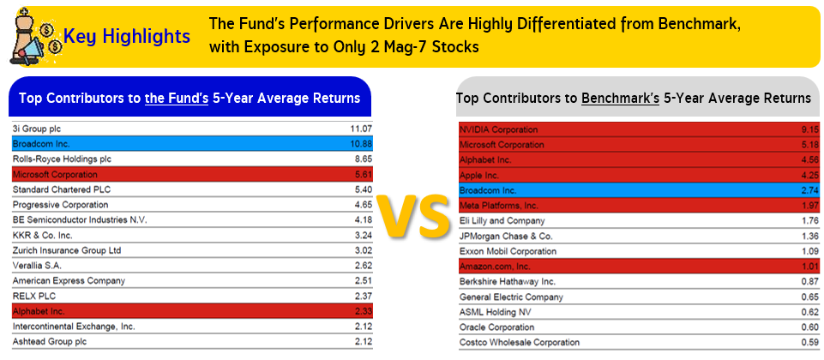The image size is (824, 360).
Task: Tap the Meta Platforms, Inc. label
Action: point(499,205)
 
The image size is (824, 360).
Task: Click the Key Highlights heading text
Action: point(127,37)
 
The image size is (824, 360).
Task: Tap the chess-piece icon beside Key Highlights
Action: point(33,36)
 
